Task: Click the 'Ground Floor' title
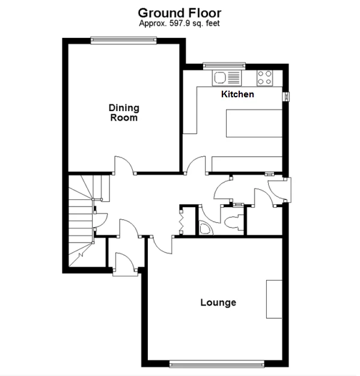[x=179, y=12]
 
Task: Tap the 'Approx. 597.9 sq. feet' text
[x=179, y=23]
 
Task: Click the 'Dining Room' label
[x=124, y=113]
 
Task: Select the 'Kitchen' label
[x=237, y=94]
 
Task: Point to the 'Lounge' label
[x=218, y=303]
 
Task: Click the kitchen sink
[x=226, y=77]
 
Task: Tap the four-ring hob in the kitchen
[x=264, y=77]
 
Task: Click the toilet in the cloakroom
[x=233, y=221]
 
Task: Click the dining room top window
[x=124, y=40]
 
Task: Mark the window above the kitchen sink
[x=224, y=65]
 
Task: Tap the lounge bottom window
[x=216, y=362]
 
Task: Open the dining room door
[x=123, y=165]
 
